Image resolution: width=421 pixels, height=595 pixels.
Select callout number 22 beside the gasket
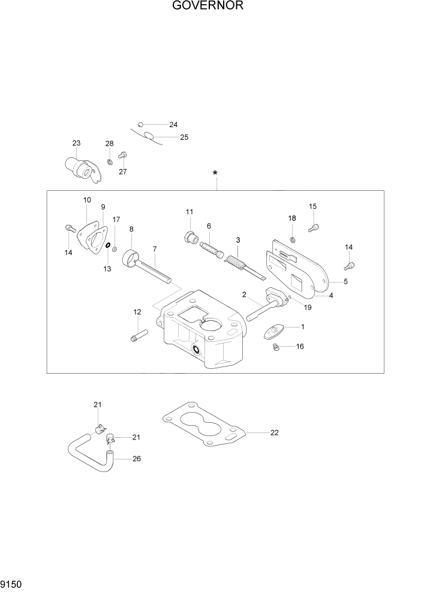click(x=275, y=432)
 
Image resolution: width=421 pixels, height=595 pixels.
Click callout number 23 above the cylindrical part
click(x=76, y=143)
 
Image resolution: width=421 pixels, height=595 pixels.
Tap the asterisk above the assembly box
click(x=215, y=174)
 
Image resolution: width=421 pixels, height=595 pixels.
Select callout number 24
click(x=173, y=125)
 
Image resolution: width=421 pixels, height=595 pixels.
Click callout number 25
click(x=184, y=137)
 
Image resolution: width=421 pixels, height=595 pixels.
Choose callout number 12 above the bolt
click(x=137, y=312)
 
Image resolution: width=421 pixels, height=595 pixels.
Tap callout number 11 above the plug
click(x=189, y=212)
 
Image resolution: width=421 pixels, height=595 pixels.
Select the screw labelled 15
click(x=314, y=227)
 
